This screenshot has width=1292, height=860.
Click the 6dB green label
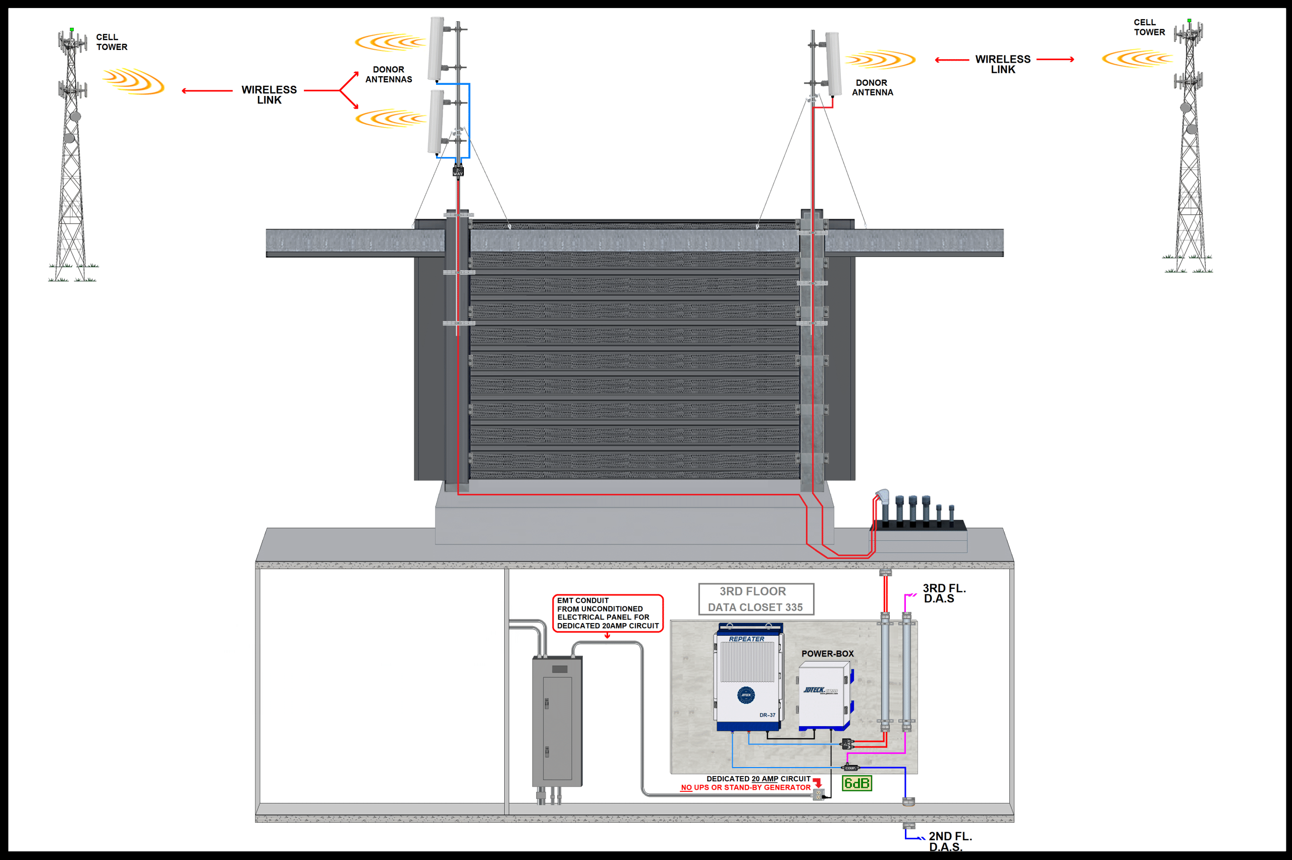tap(857, 783)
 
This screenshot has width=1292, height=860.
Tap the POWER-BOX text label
tap(827, 653)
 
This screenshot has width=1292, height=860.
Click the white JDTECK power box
tap(823, 695)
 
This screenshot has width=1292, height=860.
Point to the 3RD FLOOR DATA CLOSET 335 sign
tap(756, 599)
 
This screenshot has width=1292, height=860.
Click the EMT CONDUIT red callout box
tap(607, 613)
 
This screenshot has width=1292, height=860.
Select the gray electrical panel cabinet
tap(557, 721)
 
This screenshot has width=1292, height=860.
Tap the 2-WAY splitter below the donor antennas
tap(458, 172)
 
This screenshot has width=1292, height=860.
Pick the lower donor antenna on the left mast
tap(437, 122)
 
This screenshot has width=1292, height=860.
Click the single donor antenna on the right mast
tap(833, 63)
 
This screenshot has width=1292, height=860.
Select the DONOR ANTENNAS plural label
tap(389, 75)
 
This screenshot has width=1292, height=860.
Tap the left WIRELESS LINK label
tap(269, 94)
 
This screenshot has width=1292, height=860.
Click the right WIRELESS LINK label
tap(1003, 64)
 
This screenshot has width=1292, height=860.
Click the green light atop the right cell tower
tap(1189, 21)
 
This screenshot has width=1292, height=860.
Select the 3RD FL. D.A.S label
tap(943, 593)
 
